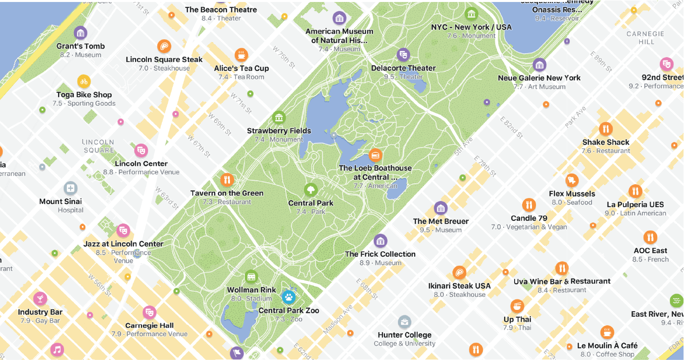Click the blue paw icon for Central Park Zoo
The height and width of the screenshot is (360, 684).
[x=289, y=297]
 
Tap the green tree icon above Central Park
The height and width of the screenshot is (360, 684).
[x=310, y=190]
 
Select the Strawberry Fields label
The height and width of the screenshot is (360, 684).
[x=279, y=131]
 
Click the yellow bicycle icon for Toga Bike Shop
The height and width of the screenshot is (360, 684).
[x=84, y=81]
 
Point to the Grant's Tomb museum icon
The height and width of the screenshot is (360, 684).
[x=80, y=33]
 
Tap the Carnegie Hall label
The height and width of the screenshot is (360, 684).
[x=149, y=326]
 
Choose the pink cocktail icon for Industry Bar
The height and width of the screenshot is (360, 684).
[x=40, y=298]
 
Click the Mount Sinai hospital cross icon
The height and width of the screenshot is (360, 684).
[x=71, y=188]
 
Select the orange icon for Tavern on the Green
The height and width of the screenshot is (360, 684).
[x=227, y=180]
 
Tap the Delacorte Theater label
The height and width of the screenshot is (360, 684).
[x=403, y=68]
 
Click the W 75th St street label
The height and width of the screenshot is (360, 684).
[x=284, y=57]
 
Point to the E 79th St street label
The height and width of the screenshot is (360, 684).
[x=485, y=166]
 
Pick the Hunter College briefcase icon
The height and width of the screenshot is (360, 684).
[x=404, y=322]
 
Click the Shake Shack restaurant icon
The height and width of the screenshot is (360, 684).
[x=606, y=129]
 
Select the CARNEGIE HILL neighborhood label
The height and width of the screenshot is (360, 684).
[x=645, y=38]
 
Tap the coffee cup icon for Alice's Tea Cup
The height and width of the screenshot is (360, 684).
[x=241, y=55]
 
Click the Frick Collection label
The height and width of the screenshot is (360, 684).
[x=380, y=254]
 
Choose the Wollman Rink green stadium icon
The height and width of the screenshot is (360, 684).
[x=251, y=277]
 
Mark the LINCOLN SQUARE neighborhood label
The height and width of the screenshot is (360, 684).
[x=98, y=146]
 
